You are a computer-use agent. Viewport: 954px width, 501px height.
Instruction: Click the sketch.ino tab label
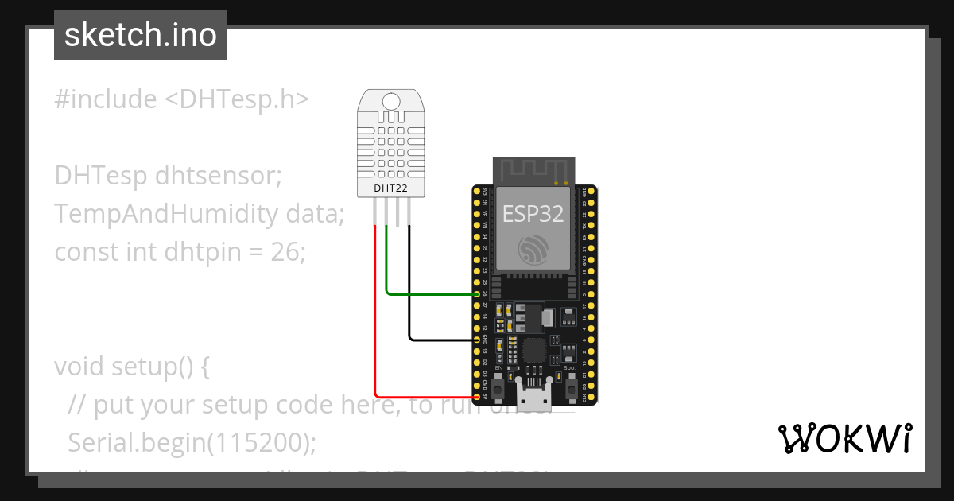(140, 35)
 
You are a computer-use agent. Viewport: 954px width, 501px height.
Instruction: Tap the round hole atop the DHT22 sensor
(391, 101)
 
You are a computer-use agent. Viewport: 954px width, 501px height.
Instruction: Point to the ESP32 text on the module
(533, 213)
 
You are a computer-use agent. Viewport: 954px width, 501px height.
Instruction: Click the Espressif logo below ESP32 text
(533, 250)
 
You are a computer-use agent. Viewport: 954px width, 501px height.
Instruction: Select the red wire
(374, 318)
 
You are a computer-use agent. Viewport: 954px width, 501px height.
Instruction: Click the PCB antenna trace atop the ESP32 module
(533, 170)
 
